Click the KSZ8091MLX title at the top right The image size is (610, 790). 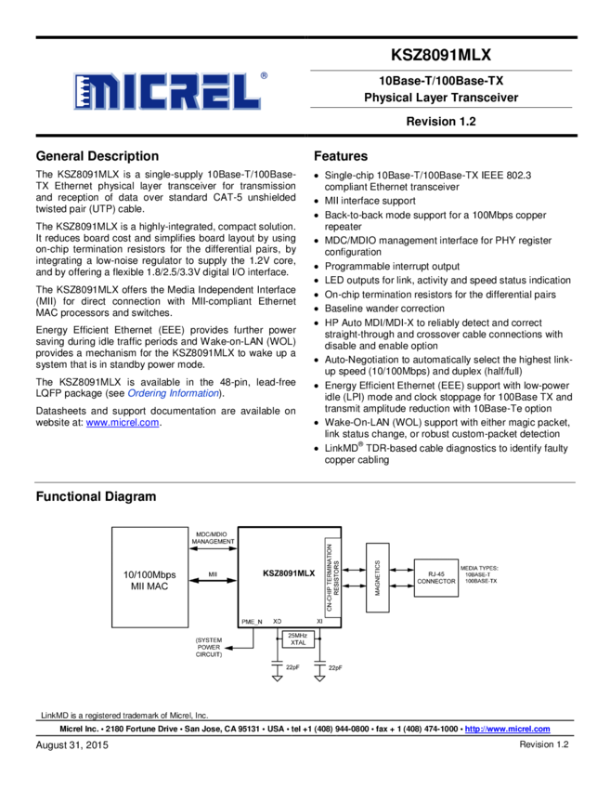click(441, 55)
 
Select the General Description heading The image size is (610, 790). click(97, 156)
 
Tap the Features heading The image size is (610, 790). click(341, 156)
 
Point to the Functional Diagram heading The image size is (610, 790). click(96, 496)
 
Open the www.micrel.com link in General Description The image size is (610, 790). click(123, 423)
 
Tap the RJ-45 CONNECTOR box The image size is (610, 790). click(435, 576)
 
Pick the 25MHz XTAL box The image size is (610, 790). click(298, 639)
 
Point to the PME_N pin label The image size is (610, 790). click(252, 620)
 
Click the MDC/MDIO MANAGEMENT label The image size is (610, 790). click(213, 537)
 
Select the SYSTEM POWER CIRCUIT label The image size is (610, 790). click(209, 647)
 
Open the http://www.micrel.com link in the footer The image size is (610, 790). click(507, 730)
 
